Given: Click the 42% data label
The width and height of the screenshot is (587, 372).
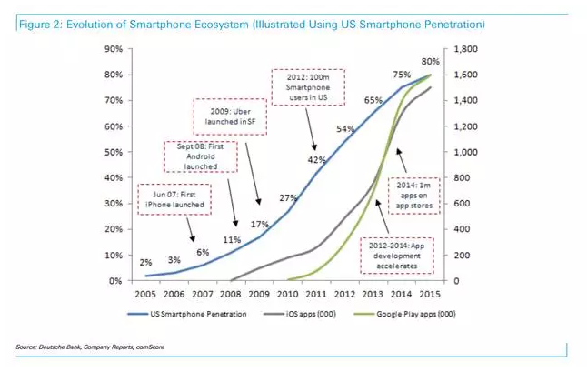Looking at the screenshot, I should coord(316,160).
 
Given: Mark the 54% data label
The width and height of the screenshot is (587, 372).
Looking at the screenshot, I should coord(345,129).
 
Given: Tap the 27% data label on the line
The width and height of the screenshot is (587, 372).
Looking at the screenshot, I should coord(288,197).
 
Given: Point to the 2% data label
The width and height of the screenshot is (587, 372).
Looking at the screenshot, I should coord(145,262).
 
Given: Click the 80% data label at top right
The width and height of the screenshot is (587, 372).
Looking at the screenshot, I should coord(431,61).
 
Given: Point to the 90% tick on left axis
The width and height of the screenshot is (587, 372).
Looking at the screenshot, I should coord(114,47).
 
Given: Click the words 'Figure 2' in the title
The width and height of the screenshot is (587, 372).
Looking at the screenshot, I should coord(38,22).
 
